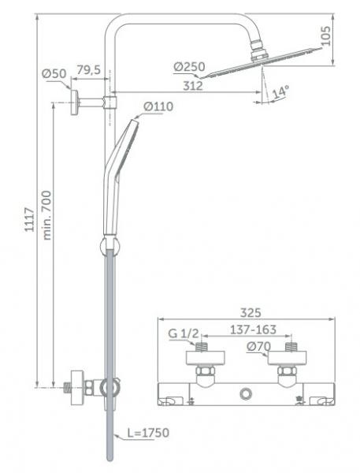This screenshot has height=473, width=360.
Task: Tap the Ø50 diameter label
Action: (53, 74)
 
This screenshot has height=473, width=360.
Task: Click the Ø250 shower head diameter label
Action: (189, 68)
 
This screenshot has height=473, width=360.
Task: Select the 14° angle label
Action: (280, 92)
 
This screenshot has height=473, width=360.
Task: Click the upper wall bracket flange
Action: (73, 102)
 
